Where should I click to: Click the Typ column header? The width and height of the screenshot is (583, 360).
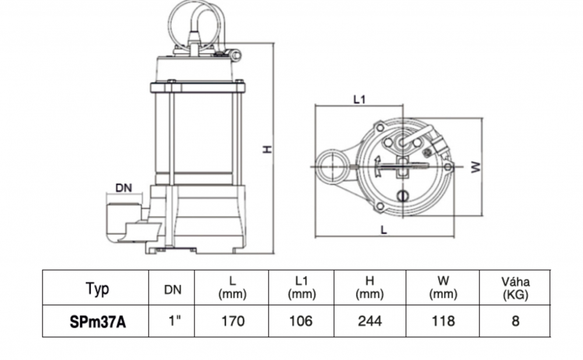97,288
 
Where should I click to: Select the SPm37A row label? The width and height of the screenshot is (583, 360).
97,321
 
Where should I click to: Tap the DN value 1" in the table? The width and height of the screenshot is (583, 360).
174,320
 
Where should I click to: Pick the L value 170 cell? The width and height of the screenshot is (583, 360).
233,321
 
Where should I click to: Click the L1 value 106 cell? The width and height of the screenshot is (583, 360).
301,321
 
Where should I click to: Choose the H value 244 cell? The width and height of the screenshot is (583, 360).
370,321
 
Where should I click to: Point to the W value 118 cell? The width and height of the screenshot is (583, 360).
443,321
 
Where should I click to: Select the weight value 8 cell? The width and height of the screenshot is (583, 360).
515,321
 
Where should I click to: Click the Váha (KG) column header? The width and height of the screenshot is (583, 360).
515,288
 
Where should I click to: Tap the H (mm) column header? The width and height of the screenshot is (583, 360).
370,288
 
